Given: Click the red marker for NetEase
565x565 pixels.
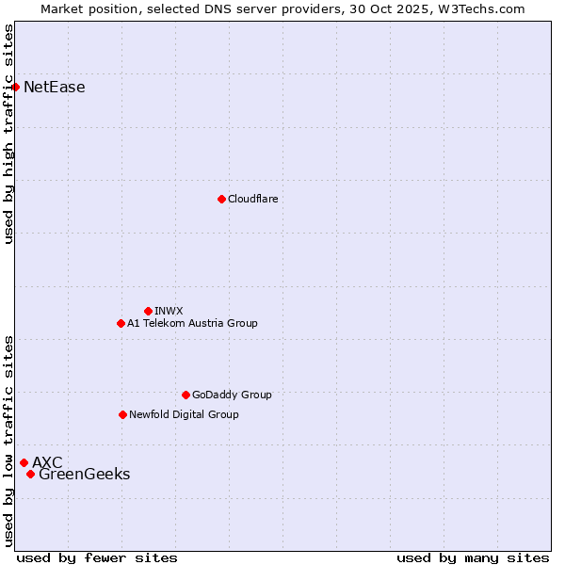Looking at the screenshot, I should click(x=15, y=88).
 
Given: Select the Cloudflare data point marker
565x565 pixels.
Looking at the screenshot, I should click(x=221, y=199).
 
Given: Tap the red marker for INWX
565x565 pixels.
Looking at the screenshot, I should click(x=148, y=311).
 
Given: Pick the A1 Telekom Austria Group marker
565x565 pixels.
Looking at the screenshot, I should click(x=121, y=323).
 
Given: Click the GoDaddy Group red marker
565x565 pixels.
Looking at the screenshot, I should click(x=186, y=395).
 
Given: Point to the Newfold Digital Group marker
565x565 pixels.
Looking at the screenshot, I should click(x=122, y=414).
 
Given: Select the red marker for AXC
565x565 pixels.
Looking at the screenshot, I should click(x=24, y=462).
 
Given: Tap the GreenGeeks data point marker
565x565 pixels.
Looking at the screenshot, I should click(x=30, y=474).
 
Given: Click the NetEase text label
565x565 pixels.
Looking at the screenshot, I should click(x=55, y=88).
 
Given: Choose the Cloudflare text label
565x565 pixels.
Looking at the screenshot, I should click(x=253, y=199).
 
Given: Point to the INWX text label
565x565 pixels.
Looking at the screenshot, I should click(x=169, y=311).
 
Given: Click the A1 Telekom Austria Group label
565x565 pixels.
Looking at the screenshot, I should click(x=192, y=323).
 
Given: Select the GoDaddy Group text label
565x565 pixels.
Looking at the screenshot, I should click(x=232, y=395).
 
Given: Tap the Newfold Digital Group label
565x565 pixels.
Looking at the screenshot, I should click(x=184, y=414).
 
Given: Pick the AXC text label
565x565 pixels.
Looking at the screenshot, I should click(x=47, y=462).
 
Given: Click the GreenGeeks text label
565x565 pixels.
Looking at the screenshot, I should click(x=85, y=475).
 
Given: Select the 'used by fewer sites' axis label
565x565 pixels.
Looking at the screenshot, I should click(x=97, y=557).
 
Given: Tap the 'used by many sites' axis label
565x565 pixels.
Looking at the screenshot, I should click(x=473, y=557).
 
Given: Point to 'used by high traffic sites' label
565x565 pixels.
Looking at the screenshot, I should click(x=8, y=134).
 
